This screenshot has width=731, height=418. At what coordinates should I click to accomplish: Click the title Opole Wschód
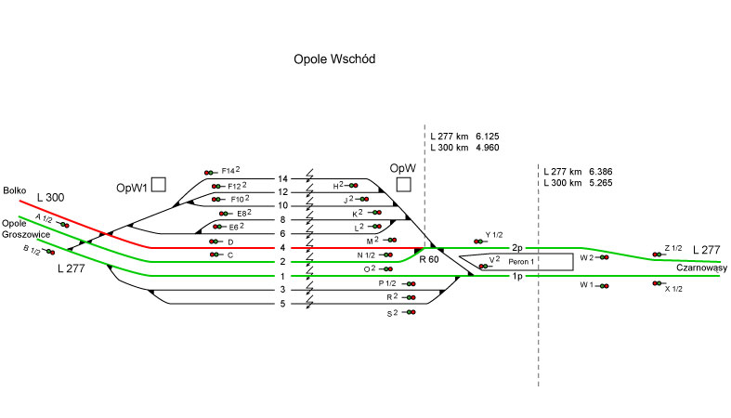point(333,59)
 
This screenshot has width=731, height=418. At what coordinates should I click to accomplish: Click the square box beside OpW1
point(159,185)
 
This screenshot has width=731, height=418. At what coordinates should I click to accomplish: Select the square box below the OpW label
point(403,186)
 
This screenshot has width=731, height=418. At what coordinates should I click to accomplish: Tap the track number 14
point(283,178)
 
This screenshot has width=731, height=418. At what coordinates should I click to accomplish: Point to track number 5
point(283,304)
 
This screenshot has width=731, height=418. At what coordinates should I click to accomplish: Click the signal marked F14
point(211,172)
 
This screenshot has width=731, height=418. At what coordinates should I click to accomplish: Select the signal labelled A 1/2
point(63,225)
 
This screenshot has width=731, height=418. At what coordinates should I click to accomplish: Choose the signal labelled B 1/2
point(50,252)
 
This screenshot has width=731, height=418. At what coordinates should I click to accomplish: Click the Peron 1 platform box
point(520,262)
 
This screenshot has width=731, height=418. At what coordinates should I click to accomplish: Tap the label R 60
point(428,259)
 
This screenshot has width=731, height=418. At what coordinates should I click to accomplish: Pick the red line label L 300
point(51,199)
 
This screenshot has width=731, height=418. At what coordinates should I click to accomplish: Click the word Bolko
point(13,189)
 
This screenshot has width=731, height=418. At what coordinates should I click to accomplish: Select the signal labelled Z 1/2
point(658,254)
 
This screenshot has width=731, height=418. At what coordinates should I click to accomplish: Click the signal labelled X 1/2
point(658,283)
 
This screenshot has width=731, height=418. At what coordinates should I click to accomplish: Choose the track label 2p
point(517,248)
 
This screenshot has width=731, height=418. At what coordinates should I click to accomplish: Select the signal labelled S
point(410,313)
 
